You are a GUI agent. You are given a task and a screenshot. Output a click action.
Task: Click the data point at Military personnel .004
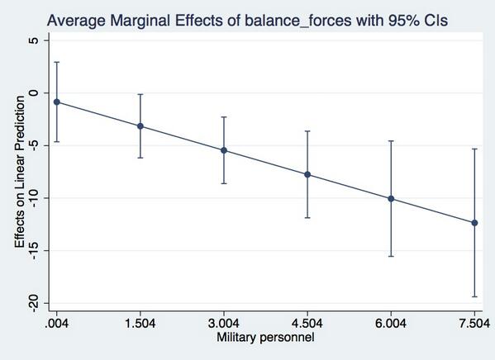pyautogui.click(x=56, y=102)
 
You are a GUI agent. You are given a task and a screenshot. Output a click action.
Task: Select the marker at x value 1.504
pyautogui.click(x=140, y=126)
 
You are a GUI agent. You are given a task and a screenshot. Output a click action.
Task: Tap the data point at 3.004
pyautogui.click(x=224, y=150)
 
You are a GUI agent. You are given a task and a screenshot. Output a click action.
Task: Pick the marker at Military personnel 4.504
pyautogui.click(x=307, y=174)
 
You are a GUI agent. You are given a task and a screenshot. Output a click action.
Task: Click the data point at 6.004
pyautogui.click(x=391, y=199)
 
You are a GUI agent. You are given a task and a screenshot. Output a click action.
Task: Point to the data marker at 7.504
pyautogui.click(x=474, y=223)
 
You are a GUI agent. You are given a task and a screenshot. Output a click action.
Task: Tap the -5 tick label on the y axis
pyautogui.click(x=31, y=145)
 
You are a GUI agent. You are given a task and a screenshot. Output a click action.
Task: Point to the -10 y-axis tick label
pyautogui.click(x=31, y=198)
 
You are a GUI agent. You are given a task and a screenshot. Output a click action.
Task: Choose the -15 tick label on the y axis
pyautogui.click(x=31, y=251)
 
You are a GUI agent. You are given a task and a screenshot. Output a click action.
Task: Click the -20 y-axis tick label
pyautogui.click(x=31, y=303)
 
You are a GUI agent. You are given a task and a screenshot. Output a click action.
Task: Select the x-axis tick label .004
pyautogui.click(x=56, y=324)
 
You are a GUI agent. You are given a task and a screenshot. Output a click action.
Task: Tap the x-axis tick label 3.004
pyautogui.click(x=224, y=324)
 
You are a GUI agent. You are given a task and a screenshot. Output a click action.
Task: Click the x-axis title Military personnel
pyautogui.click(x=265, y=338)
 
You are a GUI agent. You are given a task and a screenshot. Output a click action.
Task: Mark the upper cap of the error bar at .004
pyautogui.click(x=56, y=62)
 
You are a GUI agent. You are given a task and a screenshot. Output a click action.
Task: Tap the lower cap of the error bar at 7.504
pyautogui.click(x=474, y=296)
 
